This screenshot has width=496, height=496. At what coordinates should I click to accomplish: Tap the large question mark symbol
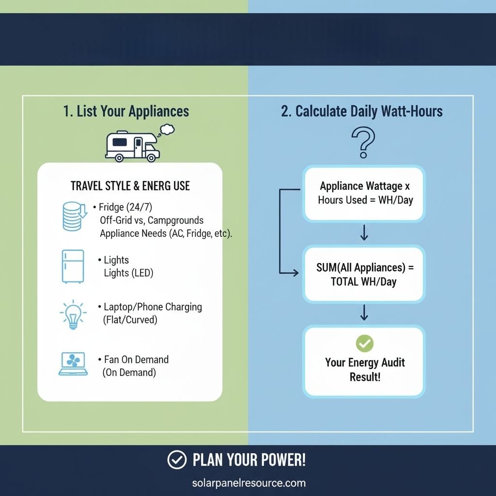(363, 142)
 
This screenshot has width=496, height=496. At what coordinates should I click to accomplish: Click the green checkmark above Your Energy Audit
(364, 344)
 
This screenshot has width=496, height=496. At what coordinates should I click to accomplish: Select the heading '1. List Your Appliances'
(126, 111)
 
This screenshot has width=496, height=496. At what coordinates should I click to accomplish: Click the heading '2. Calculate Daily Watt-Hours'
(362, 111)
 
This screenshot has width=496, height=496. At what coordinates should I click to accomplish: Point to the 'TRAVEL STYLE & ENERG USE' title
(130, 186)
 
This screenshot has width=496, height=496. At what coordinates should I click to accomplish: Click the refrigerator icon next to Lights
(73, 266)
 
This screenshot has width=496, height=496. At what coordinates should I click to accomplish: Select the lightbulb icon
(73, 313)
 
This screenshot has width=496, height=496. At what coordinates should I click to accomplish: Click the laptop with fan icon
(73, 364)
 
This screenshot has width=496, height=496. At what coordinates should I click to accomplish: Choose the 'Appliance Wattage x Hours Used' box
(364, 193)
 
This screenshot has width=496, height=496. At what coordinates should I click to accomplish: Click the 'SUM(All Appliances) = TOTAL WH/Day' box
(364, 274)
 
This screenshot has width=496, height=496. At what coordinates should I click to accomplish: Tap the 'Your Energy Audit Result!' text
(365, 370)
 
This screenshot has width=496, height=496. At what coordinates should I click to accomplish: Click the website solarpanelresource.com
(248, 483)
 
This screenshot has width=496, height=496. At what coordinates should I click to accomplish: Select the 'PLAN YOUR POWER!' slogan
(249, 460)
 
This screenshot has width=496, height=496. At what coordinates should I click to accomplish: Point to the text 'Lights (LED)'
(128, 273)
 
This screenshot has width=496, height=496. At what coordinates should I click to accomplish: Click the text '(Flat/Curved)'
(130, 320)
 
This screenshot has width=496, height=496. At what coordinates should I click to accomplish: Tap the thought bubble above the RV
(167, 129)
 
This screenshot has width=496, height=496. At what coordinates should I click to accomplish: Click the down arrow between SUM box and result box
(364, 314)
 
